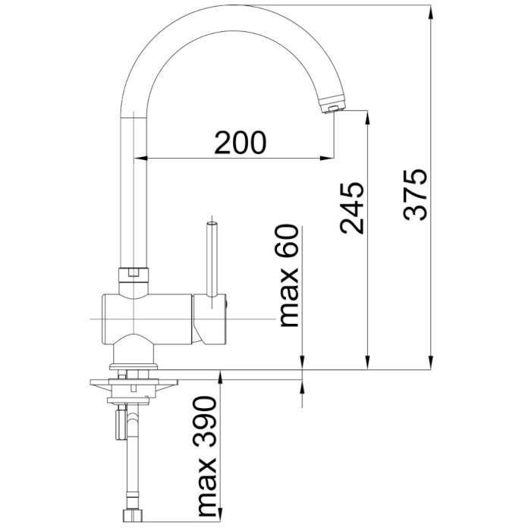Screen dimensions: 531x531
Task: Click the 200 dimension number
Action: coord(240,143)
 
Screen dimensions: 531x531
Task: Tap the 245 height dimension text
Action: coord(352,209)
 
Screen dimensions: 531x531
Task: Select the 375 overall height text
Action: coord(415,194)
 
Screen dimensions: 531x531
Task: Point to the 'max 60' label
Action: coord(289,275)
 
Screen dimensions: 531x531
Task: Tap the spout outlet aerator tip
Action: coord(332,106)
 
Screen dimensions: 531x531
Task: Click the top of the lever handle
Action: coord(212,225)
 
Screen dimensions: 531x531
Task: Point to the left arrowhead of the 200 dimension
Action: coord(142,158)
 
